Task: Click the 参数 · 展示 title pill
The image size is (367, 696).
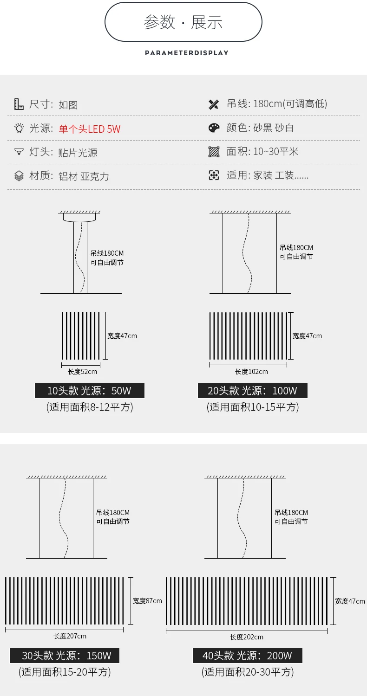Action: pos(183,22)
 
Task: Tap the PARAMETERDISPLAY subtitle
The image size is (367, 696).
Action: pos(187,53)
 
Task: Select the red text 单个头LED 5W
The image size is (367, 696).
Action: pos(89,129)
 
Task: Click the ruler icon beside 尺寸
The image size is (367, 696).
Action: pos(19,104)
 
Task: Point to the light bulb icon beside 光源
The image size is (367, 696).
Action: pos(19,129)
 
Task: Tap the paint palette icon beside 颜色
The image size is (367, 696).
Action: pos(214,128)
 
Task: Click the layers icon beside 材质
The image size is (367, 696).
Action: pos(19,176)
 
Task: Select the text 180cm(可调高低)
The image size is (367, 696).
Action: pos(290,103)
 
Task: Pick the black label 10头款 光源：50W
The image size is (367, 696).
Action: pos(90,391)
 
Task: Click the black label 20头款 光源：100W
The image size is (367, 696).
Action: pos(252,391)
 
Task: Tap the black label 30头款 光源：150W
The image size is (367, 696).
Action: pos(65,656)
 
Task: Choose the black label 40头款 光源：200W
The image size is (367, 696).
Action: pos(248,656)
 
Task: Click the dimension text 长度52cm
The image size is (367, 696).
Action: pos(82,372)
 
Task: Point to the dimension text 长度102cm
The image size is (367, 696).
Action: pos(251,372)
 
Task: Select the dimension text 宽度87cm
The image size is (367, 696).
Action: pos(147,601)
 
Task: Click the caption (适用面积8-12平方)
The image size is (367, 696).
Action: pos(90,407)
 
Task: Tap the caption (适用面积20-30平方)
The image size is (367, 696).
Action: pos(248,672)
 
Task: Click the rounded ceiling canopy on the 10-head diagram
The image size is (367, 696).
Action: pos(79,217)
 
